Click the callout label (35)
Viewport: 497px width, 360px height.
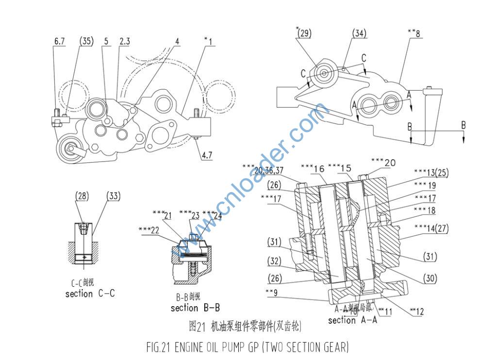[x=85, y=42]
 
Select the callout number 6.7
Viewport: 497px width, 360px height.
[x=60, y=42]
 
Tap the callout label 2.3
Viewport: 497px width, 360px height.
[x=124, y=42]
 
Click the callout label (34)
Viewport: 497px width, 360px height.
[x=359, y=33]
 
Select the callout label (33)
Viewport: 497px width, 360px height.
[x=113, y=196]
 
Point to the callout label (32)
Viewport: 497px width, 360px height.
[x=274, y=261]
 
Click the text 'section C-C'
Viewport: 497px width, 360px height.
[x=90, y=294]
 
